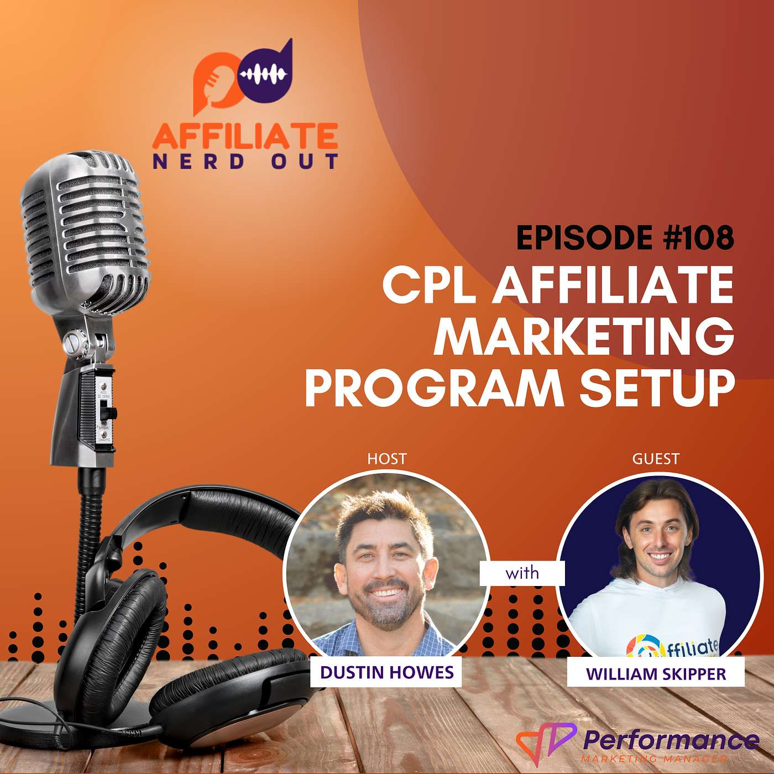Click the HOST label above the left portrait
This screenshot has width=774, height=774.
387,459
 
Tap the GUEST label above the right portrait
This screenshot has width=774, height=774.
656,459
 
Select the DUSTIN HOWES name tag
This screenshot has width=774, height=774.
386,672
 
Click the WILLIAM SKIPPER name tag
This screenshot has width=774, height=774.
656,673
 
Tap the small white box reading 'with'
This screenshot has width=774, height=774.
522,573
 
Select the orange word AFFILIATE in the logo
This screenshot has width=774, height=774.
245,136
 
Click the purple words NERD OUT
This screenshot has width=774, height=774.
245,161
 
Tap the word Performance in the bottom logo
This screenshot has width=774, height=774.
671,739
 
